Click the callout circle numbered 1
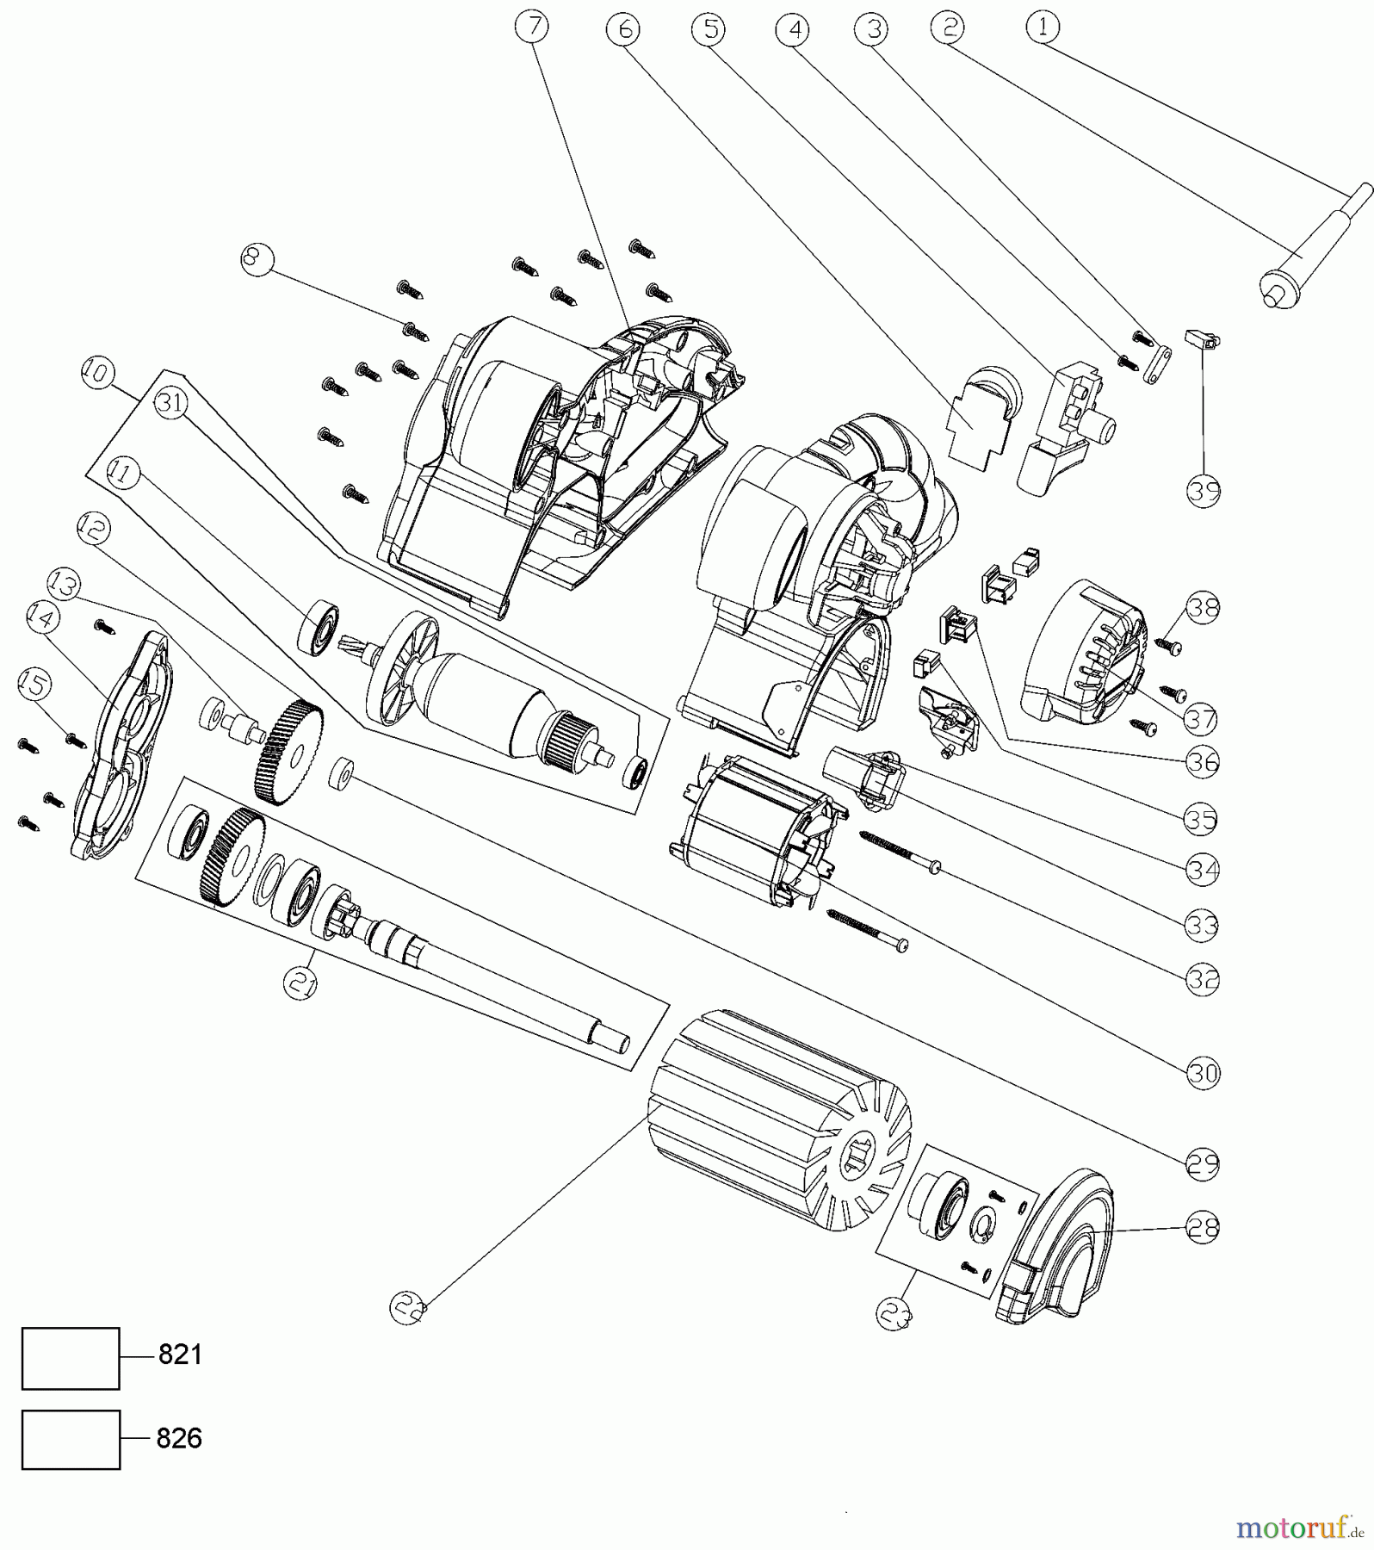click(1042, 28)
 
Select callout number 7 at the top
click(532, 28)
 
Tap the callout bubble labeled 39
click(1204, 491)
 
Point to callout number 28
click(1203, 1227)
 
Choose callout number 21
click(300, 983)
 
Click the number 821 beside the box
click(180, 1355)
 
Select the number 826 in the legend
click(179, 1438)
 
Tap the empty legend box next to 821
click(71, 1358)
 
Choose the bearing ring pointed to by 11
click(317, 625)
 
